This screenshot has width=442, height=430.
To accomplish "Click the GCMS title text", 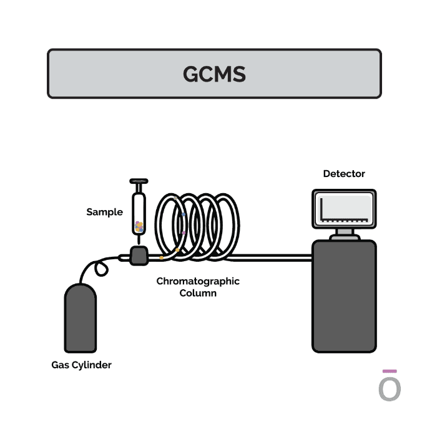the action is [214, 74].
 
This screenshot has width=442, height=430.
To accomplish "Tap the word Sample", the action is [105, 212].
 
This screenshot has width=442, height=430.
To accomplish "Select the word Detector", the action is [344, 174].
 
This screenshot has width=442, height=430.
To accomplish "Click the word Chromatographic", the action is [198, 281].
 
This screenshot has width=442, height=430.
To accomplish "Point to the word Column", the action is [198, 293].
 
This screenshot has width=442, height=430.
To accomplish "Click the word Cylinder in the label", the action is [92, 365].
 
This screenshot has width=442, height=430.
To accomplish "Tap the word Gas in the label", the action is [61, 365].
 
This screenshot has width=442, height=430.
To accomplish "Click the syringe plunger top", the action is [139, 181].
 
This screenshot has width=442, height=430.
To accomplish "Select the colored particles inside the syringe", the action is [139, 227].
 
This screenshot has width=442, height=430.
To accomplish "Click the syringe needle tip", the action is [139, 244].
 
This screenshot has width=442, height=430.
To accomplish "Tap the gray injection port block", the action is [139, 256].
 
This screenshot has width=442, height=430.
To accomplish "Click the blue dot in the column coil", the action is [184, 214].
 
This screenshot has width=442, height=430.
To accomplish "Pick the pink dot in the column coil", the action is [184, 233].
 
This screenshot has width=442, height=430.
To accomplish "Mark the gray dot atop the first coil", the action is [175, 198].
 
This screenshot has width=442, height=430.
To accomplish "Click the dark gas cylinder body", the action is [81, 318].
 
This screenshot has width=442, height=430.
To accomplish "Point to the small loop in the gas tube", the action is [101, 269].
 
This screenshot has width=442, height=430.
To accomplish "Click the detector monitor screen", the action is [344, 209].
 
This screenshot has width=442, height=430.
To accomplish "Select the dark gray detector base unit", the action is [344, 296].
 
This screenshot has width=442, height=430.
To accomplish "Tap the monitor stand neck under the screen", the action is [345, 232].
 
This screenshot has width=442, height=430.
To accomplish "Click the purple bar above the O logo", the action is [390, 371].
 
